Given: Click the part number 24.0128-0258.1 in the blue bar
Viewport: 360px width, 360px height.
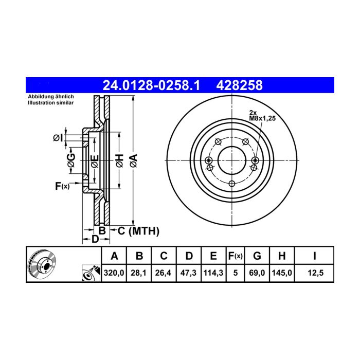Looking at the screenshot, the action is tap(151, 85).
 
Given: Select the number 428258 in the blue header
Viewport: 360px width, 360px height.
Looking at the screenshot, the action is tap(240, 85).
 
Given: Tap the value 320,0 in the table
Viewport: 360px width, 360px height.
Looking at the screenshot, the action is tap(114, 273).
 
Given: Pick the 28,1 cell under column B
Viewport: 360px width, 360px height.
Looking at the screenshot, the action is tap(139, 273).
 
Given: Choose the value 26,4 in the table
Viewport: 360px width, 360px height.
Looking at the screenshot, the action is tap(163, 273).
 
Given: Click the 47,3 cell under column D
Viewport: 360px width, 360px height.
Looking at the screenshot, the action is tap(189, 273).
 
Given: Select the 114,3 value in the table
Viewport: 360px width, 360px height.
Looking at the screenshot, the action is tap(213, 273).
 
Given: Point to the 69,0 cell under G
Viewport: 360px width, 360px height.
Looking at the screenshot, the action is tap(257, 273).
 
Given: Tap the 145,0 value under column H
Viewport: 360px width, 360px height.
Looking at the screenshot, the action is tap(282, 273).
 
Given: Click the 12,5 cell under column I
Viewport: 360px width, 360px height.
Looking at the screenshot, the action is tap(316, 273).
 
